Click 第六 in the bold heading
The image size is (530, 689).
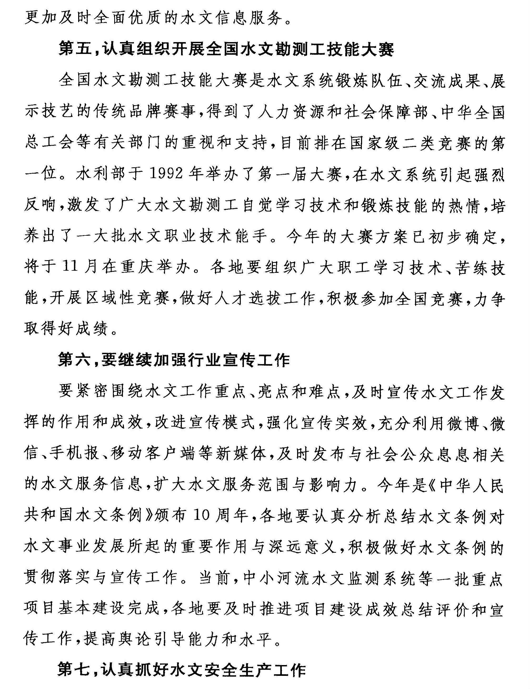(x=72, y=360)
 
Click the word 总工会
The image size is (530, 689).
(x=49, y=143)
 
